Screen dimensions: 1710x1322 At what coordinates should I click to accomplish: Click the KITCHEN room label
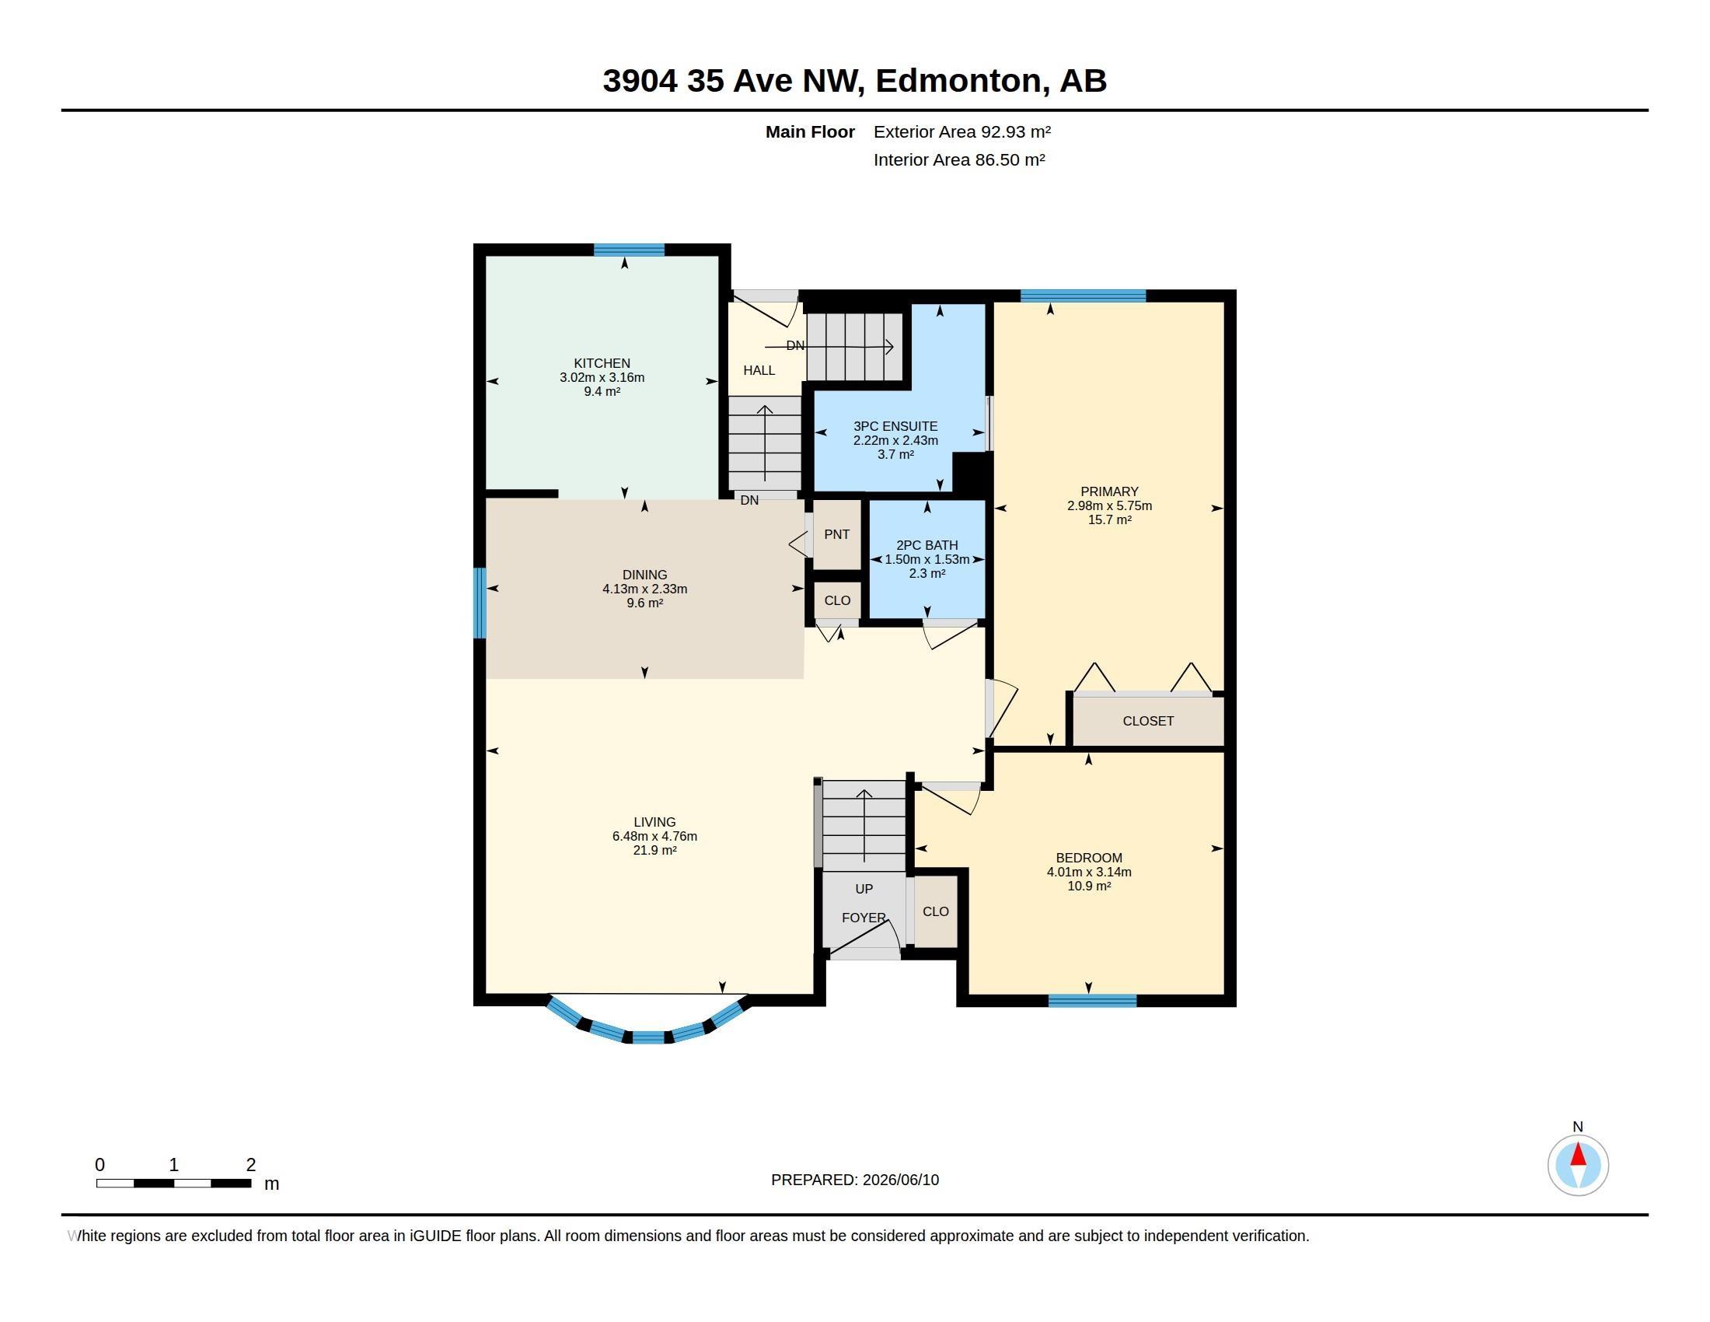pyautogui.click(x=602, y=363)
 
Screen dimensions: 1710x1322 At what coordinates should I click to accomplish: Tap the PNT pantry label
pyautogui.click(x=836, y=534)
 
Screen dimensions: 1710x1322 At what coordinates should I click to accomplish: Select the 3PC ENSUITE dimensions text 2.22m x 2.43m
pyautogui.click(x=895, y=440)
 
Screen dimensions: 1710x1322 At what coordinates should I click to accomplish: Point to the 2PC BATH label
pyautogui.click(x=927, y=545)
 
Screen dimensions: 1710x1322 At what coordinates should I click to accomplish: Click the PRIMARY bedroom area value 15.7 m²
pyautogui.click(x=1109, y=520)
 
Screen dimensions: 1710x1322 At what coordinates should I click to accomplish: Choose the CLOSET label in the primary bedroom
pyautogui.click(x=1148, y=721)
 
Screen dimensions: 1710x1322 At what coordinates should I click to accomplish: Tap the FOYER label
pyautogui.click(x=864, y=917)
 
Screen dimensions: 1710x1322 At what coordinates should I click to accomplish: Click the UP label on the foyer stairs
pyautogui.click(x=864, y=889)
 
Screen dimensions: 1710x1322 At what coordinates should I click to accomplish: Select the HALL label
pyautogui.click(x=759, y=370)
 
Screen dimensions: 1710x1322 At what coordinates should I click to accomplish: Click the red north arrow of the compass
pyautogui.click(x=1578, y=1155)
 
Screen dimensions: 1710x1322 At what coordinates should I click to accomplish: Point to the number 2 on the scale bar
pyautogui.click(x=250, y=1165)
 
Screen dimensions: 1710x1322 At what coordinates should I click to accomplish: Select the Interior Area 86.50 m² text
pyautogui.click(x=959, y=159)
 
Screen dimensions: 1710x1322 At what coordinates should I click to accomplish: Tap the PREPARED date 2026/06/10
pyautogui.click(x=900, y=1180)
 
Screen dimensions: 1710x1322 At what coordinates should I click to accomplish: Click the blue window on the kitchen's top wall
pyautogui.click(x=629, y=250)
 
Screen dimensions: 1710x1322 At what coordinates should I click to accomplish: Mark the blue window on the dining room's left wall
pyautogui.click(x=480, y=603)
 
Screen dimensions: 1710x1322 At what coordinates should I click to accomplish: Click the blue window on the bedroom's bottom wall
pyautogui.click(x=1092, y=1000)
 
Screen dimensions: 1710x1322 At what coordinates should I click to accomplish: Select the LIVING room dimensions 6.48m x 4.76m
pyautogui.click(x=654, y=837)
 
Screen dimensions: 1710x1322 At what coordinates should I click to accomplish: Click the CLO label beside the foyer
pyautogui.click(x=936, y=911)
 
